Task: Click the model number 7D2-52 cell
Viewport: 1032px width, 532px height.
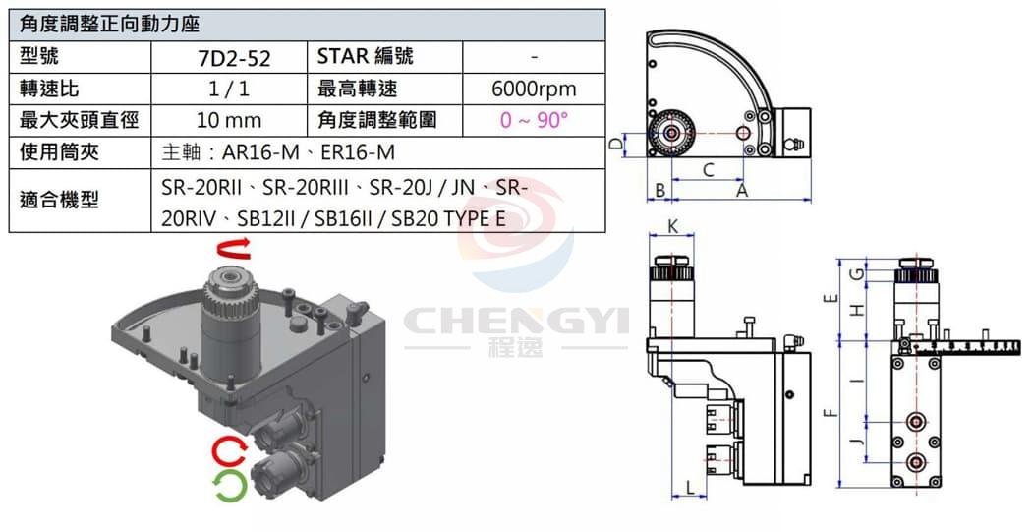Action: click(x=234, y=58)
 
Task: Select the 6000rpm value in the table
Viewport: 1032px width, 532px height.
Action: click(x=534, y=89)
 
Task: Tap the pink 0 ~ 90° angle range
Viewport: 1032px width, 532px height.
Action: click(x=534, y=121)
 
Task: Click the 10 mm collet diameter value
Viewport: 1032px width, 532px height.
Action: click(x=229, y=121)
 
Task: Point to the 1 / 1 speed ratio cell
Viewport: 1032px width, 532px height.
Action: click(x=228, y=89)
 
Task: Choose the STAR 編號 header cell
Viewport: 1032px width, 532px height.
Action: click(x=366, y=57)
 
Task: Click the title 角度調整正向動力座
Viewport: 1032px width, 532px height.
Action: click(x=109, y=25)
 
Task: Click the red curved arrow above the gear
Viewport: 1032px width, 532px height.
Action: click(x=235, y=250)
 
